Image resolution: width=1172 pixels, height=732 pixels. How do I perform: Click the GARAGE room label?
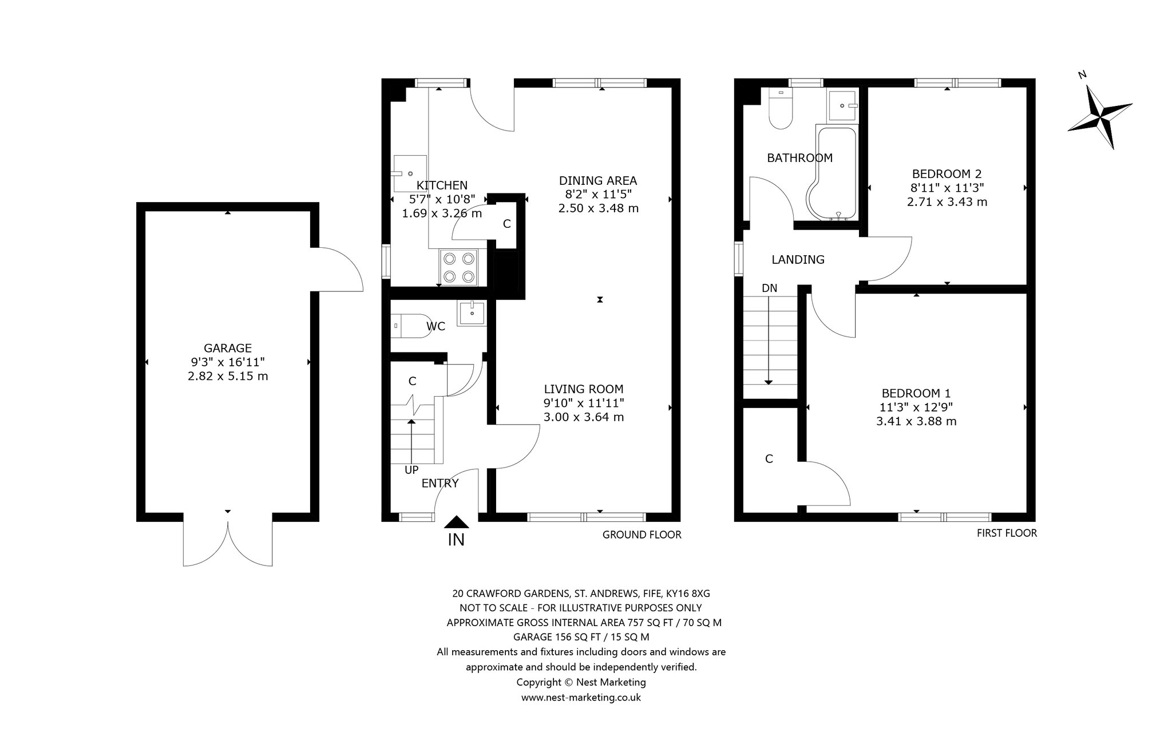(228, 348)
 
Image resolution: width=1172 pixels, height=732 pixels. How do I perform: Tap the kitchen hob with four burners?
(458, 267)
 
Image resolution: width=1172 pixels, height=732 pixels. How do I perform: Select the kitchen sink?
(410, 172)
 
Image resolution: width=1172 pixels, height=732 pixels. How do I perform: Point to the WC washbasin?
(472, 313)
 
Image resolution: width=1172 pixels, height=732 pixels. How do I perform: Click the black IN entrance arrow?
(456, 522)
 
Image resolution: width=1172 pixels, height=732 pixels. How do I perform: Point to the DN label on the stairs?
(769, 288)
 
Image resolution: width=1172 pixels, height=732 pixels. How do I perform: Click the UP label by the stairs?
(411, 470)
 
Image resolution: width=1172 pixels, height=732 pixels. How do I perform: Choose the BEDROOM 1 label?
(916, 393)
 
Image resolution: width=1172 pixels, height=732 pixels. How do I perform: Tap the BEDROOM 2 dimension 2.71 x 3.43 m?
(947, 201)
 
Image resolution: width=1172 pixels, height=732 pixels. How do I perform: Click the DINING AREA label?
(598, 181)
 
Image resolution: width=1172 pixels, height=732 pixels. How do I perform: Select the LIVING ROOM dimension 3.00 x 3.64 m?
(584, 417)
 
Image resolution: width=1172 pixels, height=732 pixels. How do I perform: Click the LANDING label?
(798, 260)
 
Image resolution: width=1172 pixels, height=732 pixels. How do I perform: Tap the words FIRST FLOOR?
(1007, 533)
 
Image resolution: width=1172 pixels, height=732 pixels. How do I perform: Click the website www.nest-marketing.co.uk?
(581, 698)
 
